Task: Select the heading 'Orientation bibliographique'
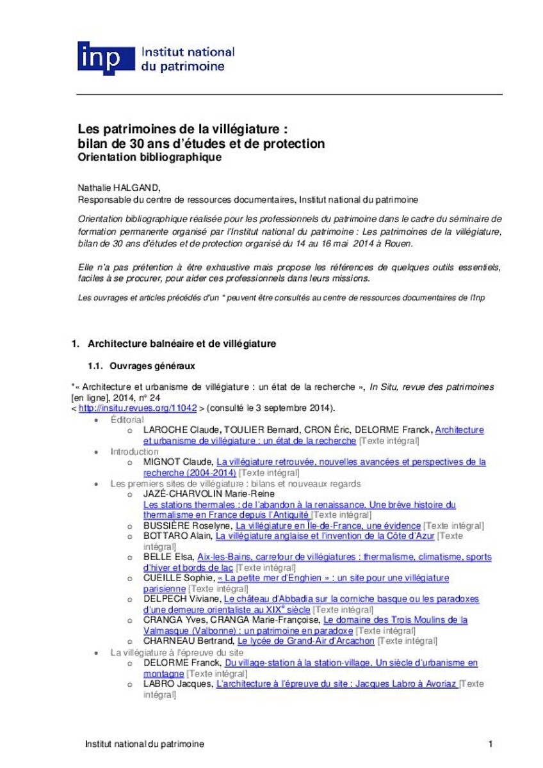tap(149, 157)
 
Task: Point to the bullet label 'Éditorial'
tap(127, 419)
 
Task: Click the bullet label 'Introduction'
tap(134, 451)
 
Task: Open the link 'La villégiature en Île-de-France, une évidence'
tap(328, 525)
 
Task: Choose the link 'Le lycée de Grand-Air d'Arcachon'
tap(305, 641)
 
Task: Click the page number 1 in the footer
tap(490, 744)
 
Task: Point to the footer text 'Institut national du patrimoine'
tap(145, 744)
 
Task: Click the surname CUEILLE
tap(163, 578)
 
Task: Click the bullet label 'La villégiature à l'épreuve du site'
tap(176, 652)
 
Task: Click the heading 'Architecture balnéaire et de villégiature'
tap(182, 344)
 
